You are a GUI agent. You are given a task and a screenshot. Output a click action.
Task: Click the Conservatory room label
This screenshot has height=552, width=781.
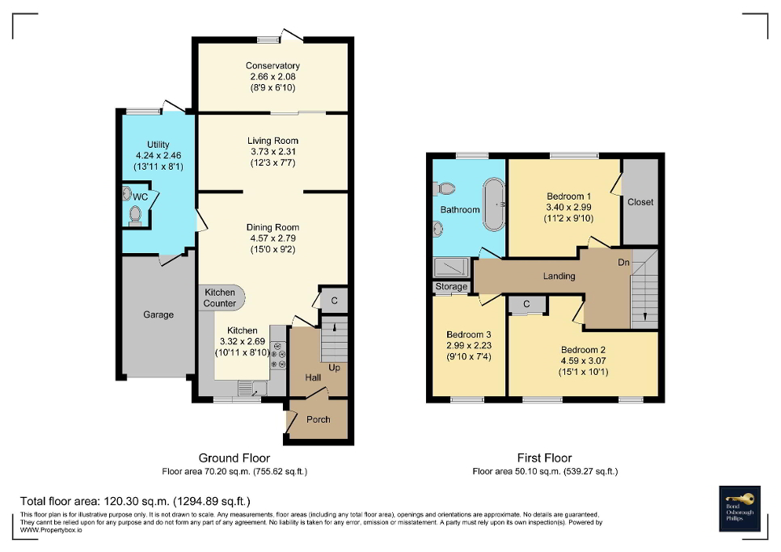tap(272, 65)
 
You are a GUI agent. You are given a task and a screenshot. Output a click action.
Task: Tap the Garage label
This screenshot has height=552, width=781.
tap(158, 314)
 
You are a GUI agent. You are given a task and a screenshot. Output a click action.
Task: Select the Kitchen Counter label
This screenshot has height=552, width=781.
tap(220, 297)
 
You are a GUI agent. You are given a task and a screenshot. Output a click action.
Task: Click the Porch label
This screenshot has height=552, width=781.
tap(318, 419)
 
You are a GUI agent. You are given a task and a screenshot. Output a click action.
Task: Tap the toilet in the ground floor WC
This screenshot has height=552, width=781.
tap(135, 215)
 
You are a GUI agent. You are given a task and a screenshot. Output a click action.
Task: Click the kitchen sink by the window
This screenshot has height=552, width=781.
tap(246, 389)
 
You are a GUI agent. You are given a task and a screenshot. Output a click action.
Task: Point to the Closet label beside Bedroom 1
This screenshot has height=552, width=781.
tap(640, 201)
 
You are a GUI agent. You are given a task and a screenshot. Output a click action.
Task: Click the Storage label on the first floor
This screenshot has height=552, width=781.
tap(451, 287)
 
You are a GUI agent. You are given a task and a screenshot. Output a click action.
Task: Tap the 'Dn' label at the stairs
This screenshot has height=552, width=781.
tap(623, 262)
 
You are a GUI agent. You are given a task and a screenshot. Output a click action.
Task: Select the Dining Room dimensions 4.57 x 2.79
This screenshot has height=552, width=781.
tap(272, 238)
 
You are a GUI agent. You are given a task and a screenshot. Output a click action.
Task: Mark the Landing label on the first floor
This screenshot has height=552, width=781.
tap(559, 276)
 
